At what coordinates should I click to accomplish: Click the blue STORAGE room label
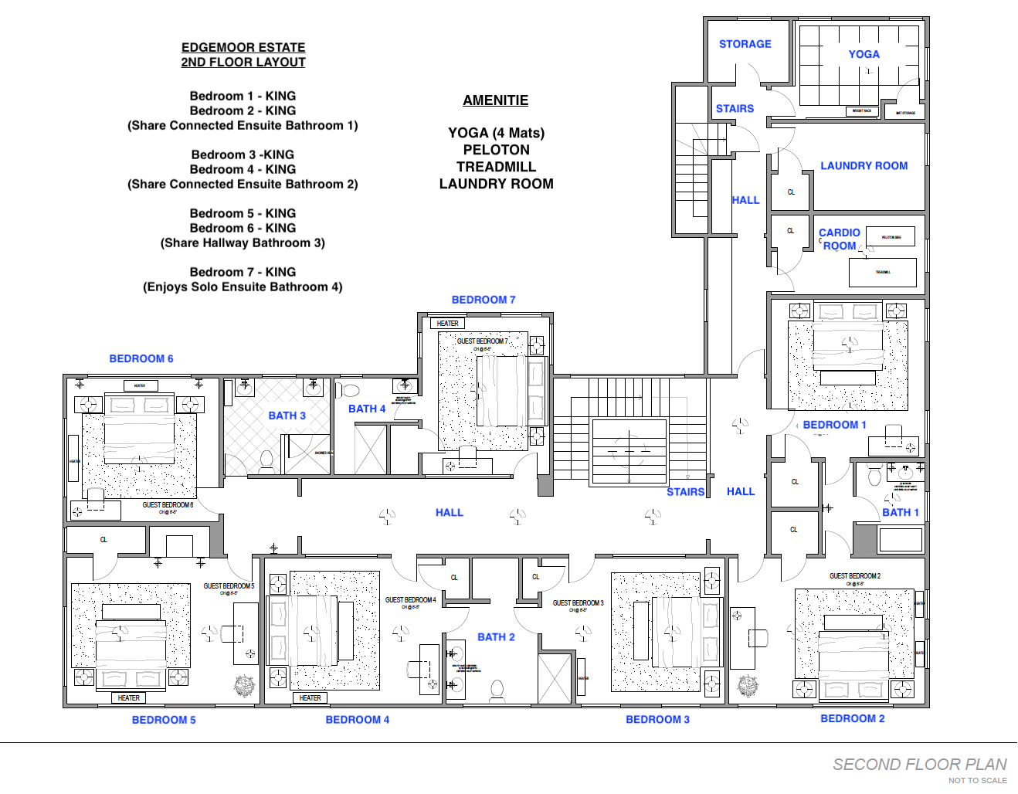click(745, 44)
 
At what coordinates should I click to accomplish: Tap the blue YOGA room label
click(864, 54)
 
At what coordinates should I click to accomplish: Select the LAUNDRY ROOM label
click(864, 165)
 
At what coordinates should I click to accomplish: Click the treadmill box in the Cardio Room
click(882, 273)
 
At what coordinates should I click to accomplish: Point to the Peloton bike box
click(890, 236)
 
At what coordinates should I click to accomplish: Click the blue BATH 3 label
click(287, 416)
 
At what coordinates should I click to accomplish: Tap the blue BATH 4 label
click(366, 409)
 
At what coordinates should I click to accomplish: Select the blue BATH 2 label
click(496, 637)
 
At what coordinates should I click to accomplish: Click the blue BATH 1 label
click(900, 512)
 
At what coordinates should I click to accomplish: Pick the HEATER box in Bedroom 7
click(447, 324)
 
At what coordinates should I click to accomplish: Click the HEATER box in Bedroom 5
click(128, 697)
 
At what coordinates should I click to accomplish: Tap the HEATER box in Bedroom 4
click(310, 697)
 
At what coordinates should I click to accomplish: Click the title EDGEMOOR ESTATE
click(243, 47)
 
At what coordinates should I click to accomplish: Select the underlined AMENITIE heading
click(495, 100)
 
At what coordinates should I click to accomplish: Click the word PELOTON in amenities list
click(496, 150)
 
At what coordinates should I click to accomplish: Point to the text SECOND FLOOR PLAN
click(919, 764)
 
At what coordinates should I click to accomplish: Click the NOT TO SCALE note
click(977, 780)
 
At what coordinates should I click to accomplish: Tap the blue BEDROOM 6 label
click(141, 358)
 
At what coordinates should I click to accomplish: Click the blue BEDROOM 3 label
click(657, 719)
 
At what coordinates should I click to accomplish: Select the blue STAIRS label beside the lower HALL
click(685, 491)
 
